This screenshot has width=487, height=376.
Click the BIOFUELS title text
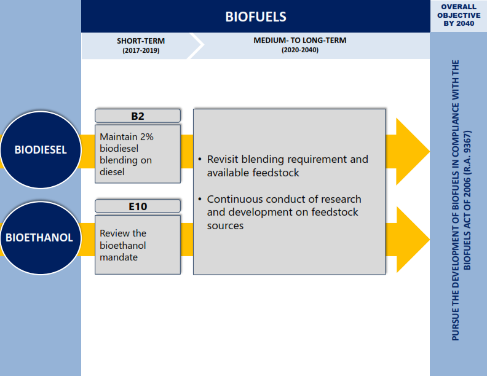256,17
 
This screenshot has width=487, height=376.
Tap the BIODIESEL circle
41,150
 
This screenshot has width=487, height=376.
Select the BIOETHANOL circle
41,238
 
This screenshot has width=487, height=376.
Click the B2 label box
138,116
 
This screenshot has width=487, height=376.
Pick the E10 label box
138,206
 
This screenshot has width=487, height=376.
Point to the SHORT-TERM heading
141,41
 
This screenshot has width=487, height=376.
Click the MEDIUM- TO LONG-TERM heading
299,41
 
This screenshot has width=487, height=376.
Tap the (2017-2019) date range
141,50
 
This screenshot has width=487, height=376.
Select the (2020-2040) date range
299,50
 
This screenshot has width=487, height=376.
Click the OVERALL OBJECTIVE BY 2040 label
459,15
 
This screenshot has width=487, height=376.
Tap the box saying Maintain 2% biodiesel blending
138,154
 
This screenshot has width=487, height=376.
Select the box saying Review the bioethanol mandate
138,245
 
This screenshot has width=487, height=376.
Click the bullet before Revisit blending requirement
200,160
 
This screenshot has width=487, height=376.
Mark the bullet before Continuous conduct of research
200,199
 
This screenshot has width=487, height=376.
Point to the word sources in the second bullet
225,225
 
